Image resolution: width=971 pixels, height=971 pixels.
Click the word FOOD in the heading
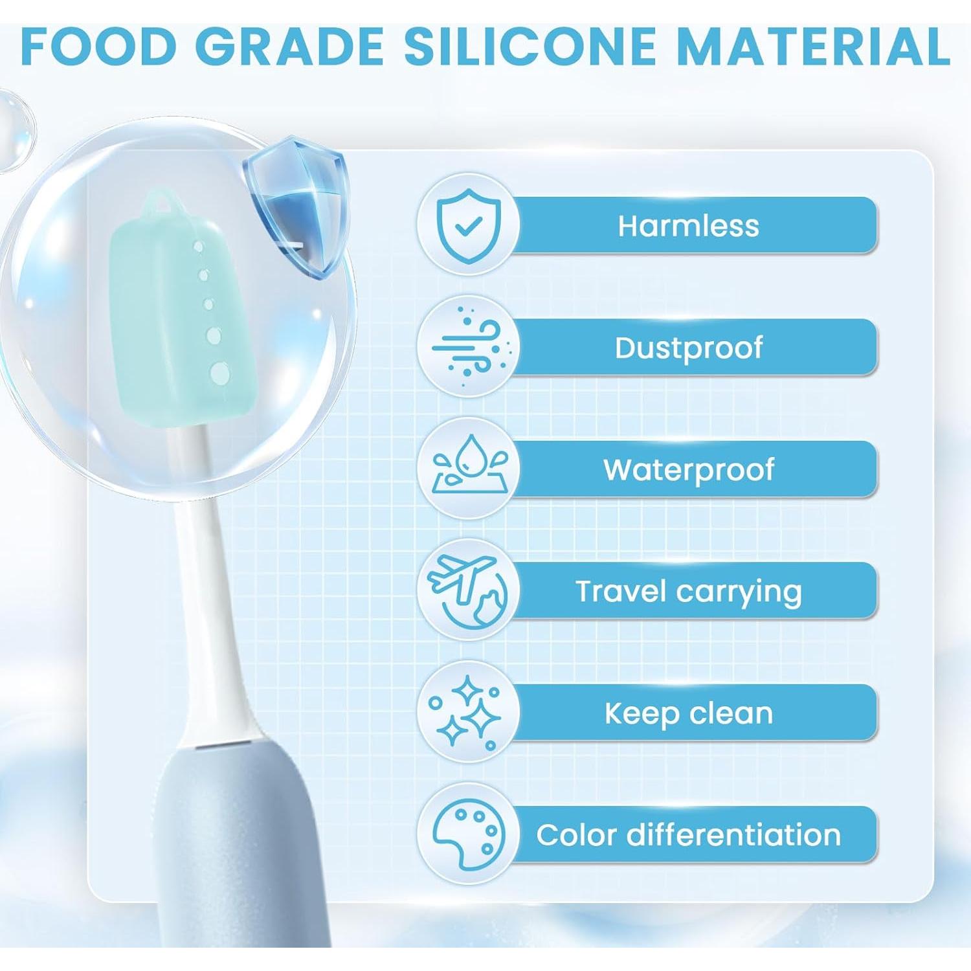point(98,47)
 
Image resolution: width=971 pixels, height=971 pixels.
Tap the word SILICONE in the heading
point(530,47)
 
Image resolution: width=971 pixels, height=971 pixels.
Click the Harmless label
point(688,226)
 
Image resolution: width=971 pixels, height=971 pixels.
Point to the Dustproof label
point(688,348)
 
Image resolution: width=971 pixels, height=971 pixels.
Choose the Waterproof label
point(688,469)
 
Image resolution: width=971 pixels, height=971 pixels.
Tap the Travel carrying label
point(688,591)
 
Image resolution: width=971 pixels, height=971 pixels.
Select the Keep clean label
point(688,713)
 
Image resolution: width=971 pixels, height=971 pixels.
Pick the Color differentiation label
point(688,834)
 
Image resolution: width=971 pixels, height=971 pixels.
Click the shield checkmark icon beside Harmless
point(468,225)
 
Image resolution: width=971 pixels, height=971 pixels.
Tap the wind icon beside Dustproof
point(468,347)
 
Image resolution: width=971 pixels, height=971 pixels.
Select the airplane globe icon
point(468,590)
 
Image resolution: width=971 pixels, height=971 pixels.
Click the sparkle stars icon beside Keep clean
point(468,712)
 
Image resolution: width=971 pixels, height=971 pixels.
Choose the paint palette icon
point(468,834)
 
